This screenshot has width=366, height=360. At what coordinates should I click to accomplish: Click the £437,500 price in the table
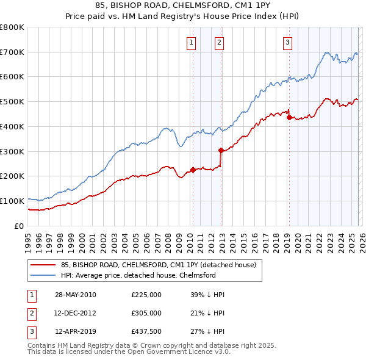tap(146, 333)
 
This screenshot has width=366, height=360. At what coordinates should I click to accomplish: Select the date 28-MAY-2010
tap(76, 295)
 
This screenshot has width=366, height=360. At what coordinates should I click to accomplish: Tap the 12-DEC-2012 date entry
tap(76, 314)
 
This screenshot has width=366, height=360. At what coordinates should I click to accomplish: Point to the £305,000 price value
tap(146, 314)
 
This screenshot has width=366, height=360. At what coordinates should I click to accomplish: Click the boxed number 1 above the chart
tap(192, 43)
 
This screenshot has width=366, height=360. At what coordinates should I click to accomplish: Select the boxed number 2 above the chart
tap(218, 43)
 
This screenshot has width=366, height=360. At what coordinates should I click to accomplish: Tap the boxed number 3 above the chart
tap(287, 43)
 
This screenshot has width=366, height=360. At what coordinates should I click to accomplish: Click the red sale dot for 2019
tap(289, 117)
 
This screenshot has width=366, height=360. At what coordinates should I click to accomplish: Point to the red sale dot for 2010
tap(193, 170)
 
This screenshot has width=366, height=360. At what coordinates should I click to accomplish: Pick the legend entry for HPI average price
tap(138, 275)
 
